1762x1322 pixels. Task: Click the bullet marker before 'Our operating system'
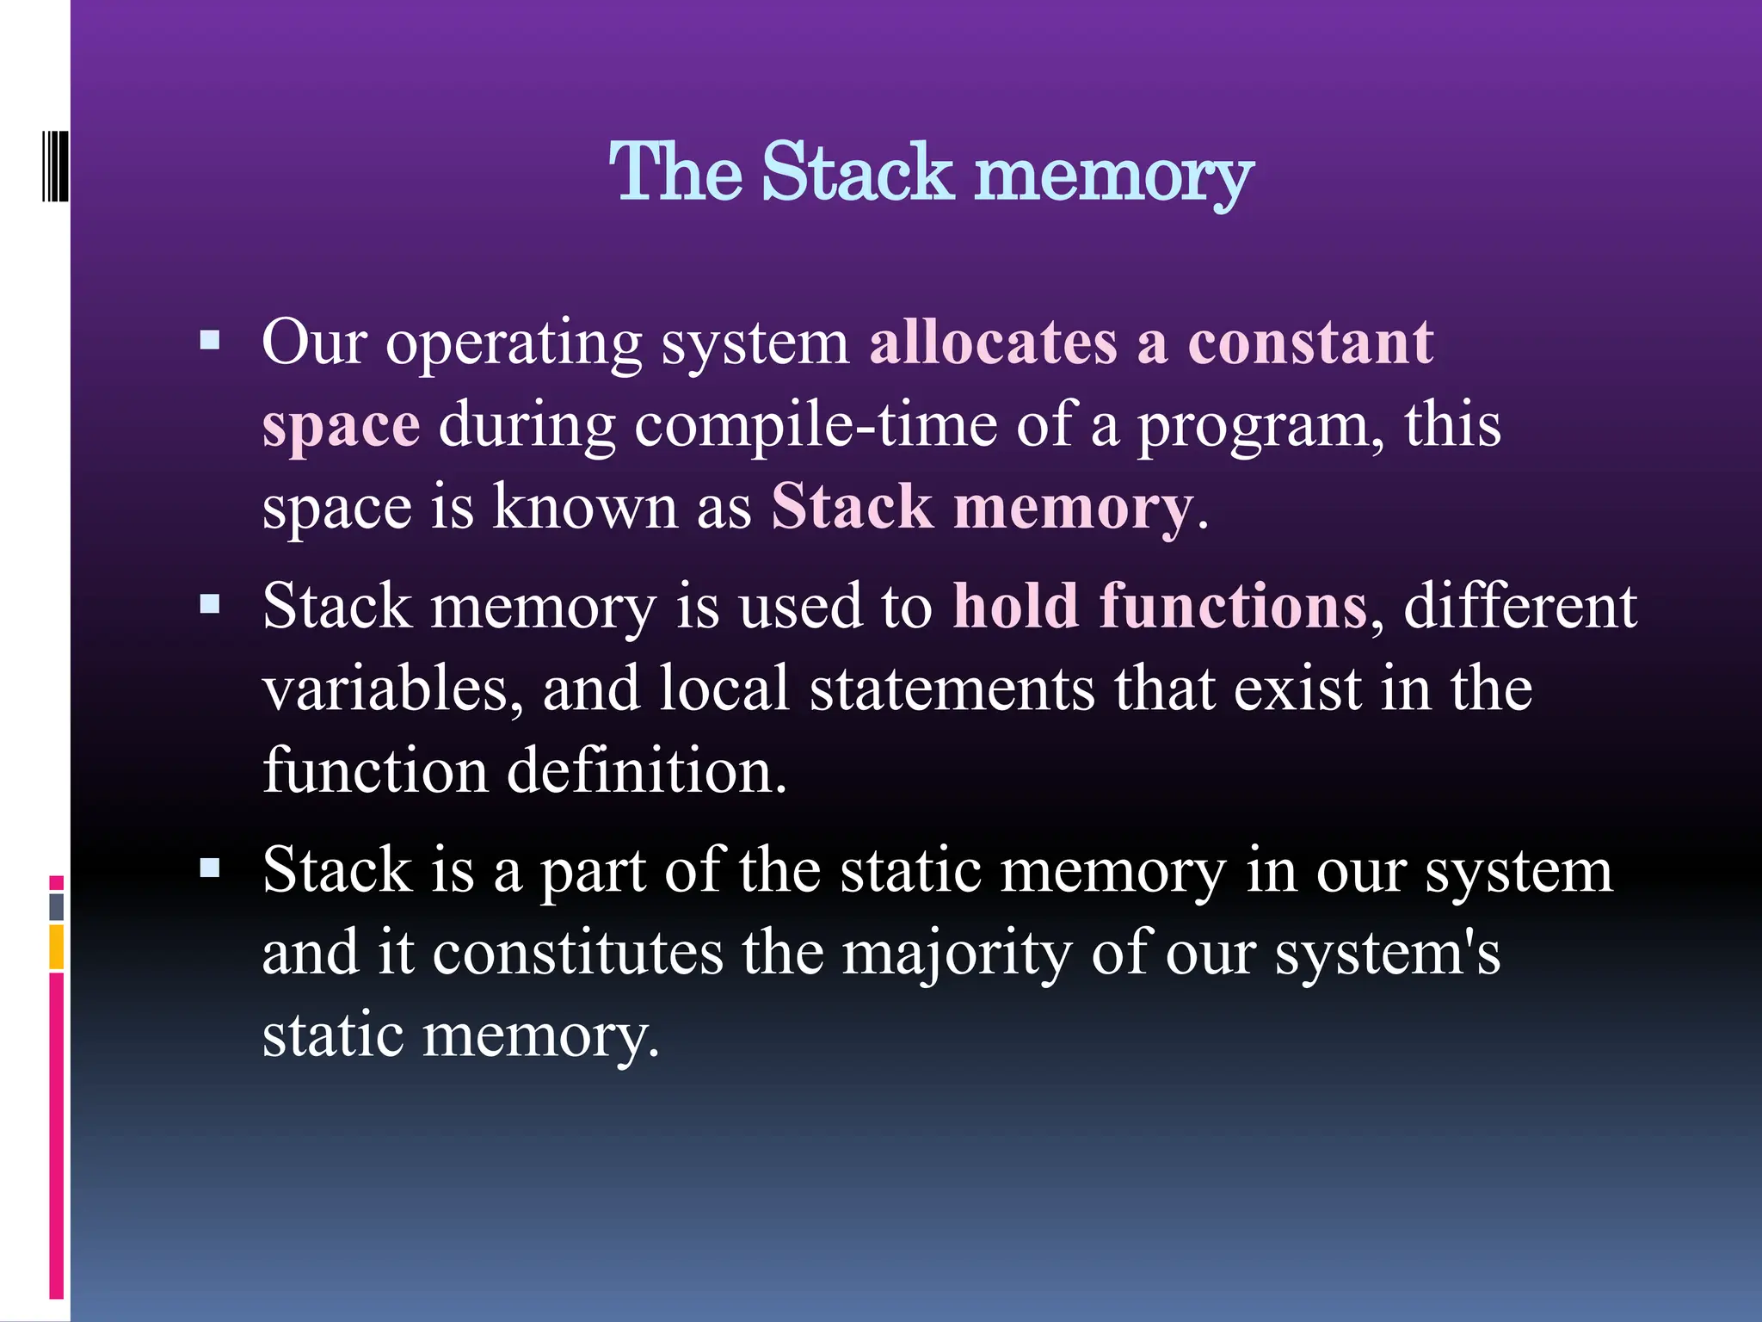[210, 342]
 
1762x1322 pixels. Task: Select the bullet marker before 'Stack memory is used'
[210, 605]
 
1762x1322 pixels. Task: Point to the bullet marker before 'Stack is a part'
[210, 868]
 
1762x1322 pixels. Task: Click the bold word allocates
[993, 342]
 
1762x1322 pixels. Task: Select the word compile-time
[816, 424]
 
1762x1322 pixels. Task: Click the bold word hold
[1015, 605]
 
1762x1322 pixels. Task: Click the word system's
[1387, 955]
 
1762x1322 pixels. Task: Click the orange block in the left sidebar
[56, 947]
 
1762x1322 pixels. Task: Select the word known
[585, 507]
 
